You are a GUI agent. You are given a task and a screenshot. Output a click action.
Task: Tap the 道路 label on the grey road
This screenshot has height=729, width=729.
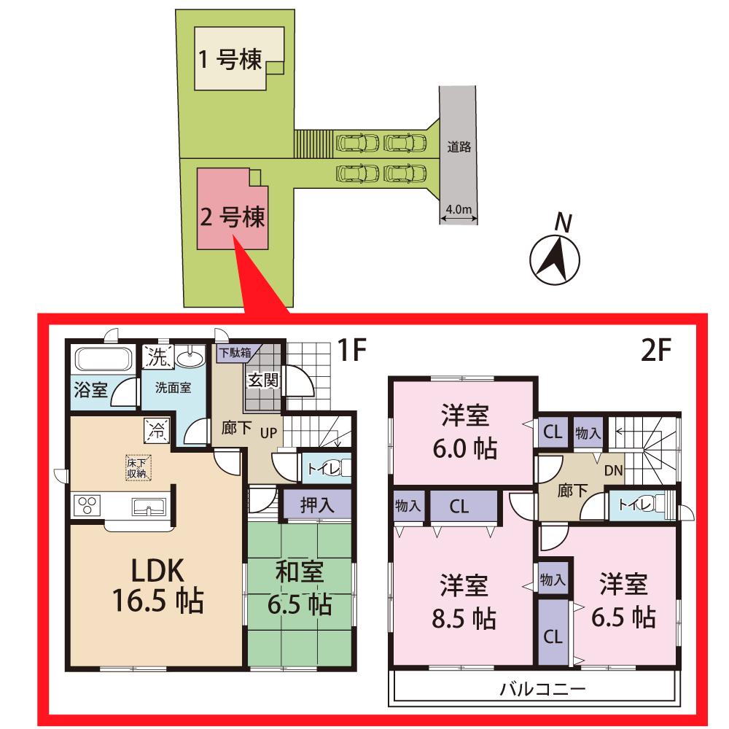tap(459, 147)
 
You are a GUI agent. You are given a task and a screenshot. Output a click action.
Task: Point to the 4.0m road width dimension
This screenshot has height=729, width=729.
tap(459, 210)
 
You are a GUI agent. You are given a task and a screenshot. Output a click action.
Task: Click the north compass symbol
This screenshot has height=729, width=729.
tap(555, 258)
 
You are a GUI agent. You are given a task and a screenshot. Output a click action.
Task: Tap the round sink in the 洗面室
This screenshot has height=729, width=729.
tap(192, 359)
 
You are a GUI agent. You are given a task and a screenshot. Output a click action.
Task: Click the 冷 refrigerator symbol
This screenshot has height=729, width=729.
tap(157, 429)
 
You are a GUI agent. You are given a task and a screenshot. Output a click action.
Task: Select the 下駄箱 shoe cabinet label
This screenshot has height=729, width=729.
tap(235, 352)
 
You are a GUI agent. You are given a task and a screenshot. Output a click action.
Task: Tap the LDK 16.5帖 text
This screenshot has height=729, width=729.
tap(157, 587)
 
